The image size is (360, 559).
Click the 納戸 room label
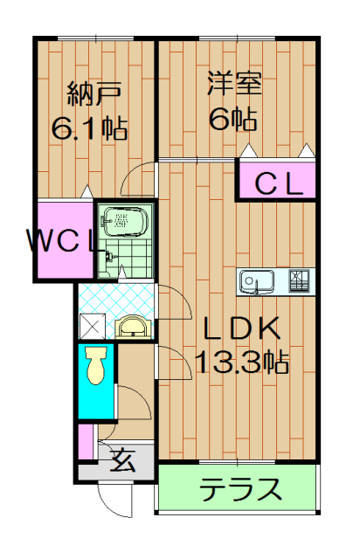click(94, 93)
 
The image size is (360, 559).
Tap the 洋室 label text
click(235, 84)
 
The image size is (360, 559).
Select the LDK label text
click(241, 328)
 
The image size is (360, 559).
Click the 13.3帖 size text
click(242, 362)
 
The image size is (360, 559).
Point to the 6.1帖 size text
click(90, 128)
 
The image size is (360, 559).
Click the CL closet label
click(279, 184)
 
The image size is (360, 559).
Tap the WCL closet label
click(61, 241)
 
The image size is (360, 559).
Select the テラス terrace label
click(240, 489)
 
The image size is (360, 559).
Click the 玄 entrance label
click(123, 460)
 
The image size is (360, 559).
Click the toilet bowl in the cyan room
click(96, 365)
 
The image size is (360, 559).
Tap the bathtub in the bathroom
click(124, 222)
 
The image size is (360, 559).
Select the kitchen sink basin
click(257, 281)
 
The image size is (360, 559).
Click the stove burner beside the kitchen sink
click(299, 280)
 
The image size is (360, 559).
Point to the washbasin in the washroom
click(134, 326)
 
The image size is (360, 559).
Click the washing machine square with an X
click(92, 326)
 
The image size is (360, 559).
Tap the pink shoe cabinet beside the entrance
click(86, 442)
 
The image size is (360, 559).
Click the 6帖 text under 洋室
click(232, 119)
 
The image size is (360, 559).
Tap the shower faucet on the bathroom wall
click(108, 257)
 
